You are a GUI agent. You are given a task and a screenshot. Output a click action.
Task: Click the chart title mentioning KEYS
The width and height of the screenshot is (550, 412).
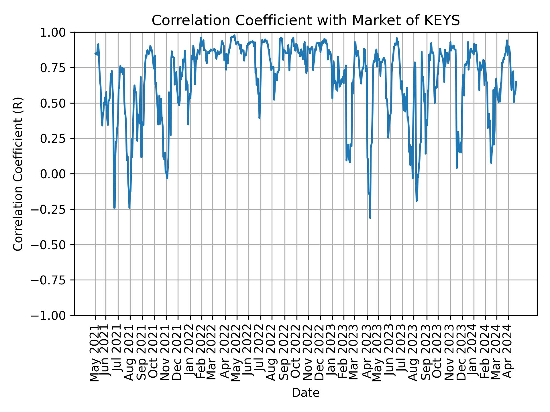305,21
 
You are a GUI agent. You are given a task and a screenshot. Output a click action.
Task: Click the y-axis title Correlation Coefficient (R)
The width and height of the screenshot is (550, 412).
18,174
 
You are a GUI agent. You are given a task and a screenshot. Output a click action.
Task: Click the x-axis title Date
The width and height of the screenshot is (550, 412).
305,393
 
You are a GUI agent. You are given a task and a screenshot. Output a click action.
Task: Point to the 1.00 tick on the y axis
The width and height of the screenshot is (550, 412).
57,32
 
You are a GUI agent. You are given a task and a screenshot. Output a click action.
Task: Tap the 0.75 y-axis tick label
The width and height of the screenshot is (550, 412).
57,68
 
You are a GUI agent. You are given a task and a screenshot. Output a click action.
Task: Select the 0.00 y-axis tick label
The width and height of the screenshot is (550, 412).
57,174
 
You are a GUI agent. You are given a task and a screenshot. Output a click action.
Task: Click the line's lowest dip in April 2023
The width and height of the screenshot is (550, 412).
370,218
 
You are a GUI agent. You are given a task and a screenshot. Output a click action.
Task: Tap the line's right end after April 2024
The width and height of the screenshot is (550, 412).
516,82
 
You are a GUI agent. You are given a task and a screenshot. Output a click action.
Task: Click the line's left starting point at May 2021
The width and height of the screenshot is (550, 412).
95,53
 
